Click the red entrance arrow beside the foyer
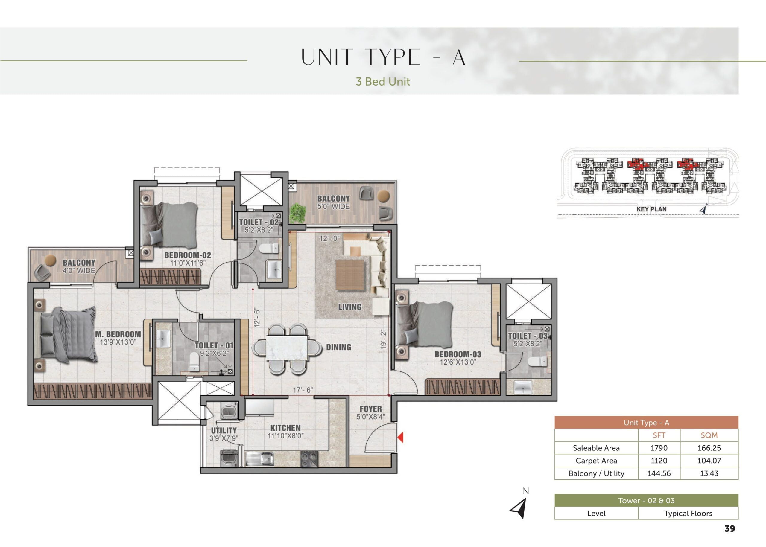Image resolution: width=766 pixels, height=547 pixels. pyautogui.click(x=400, y=438)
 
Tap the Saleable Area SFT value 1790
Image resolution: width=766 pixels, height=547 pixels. pyautogui.click(x=659, y=448)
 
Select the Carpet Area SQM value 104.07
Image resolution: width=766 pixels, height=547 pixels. pyautogui.click(x=709, y=461)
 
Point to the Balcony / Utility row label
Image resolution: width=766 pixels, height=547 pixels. pyautogui.click(x=596, y=473)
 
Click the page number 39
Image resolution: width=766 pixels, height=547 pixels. pyautogui.click(x=729, y=529)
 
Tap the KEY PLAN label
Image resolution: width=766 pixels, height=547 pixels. pyautogui.click(x=651, y=209)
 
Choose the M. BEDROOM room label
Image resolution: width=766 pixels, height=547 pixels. pyautogui.click(x=118, y=334)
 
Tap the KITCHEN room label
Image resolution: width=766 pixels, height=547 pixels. pyautogui.click(x=285, y=428)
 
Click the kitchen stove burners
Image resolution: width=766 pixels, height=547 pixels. pyautogui.click(x=309, y=459)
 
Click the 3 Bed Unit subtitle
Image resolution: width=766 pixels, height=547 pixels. pyautogui.click(x=383, y=82)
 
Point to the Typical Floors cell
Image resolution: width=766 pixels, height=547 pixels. pyautogui.click(x=688, y=513)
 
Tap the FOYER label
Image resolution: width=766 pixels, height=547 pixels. pyautogui.click(x=371, y=409)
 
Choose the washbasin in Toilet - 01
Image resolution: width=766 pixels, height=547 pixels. pyautogui.click(x=163, y=339)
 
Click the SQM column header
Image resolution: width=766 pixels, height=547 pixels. pyautogui.click(x=709, y=435)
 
